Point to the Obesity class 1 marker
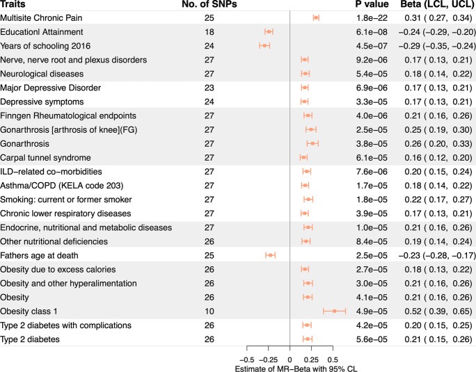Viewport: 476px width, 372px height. (335, 312)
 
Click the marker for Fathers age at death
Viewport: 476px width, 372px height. (271, 255)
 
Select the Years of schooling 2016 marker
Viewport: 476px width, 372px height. (264, 46)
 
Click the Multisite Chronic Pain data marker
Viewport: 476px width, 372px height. (316, 18)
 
